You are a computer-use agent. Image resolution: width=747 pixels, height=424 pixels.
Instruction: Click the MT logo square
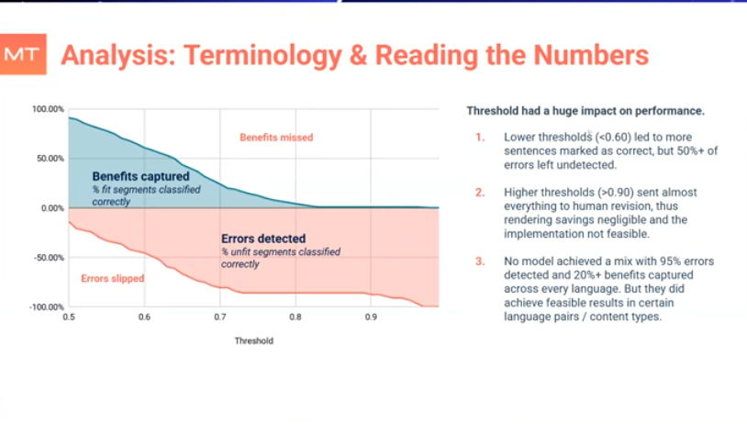click(21, 55)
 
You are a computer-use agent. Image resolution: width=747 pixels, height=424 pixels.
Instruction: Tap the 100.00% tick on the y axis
click(48, 109)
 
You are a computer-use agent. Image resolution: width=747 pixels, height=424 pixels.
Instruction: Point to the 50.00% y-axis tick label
click(50, 159)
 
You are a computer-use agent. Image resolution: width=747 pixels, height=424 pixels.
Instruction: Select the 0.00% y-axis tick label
click(51, 208)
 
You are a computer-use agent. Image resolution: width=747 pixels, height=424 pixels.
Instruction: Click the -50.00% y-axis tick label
click(49, 257)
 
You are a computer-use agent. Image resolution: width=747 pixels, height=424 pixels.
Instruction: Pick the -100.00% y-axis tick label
click(47, 307)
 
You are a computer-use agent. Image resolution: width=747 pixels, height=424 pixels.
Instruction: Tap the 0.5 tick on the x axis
click(68, 318)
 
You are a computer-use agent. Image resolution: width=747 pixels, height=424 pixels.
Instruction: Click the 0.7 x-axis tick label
click(219, 318)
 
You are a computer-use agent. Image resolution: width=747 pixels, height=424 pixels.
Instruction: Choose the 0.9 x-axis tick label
click(371, 318)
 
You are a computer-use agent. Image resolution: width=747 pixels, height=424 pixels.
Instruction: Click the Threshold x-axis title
click(253, 340)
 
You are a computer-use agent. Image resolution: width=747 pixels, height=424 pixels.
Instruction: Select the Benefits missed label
click(276, 138)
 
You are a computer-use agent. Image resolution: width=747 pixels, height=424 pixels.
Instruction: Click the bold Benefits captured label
click(140, 175)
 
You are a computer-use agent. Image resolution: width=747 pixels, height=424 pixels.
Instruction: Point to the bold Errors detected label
click(263, 239)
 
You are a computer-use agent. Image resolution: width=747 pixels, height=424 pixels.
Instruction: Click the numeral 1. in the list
click(480, 138)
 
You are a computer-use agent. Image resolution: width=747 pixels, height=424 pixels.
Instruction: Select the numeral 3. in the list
click(480, 262)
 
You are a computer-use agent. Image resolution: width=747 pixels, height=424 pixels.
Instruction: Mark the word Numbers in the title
click(587, 55)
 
